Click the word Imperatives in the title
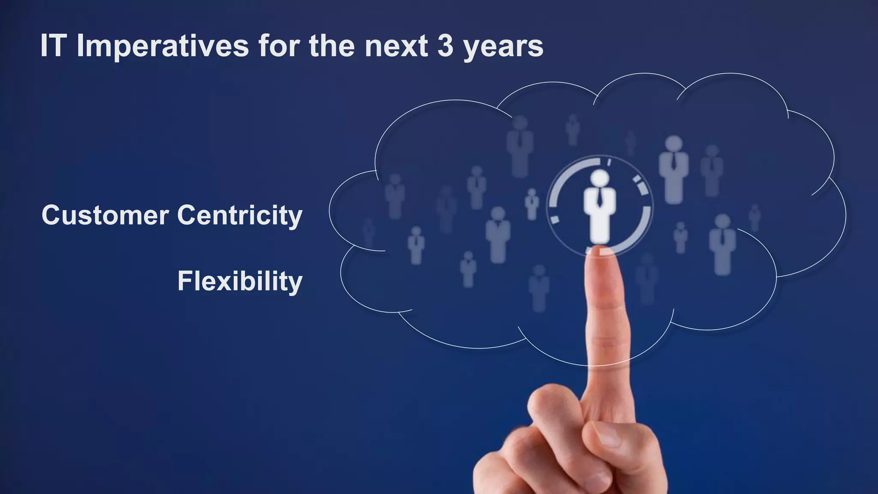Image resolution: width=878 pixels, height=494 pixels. [162, 46]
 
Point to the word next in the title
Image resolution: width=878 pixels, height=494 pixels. [396, 46]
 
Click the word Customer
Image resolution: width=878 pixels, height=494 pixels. [105, 215]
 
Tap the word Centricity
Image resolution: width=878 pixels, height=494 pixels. [240, 216]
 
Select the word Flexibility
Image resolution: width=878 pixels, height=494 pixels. [240, 281]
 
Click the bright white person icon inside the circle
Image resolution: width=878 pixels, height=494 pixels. [599, 206]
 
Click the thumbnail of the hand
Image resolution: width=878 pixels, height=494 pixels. [609, 437]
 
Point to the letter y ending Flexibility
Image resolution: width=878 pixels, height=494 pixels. [295, 284]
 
